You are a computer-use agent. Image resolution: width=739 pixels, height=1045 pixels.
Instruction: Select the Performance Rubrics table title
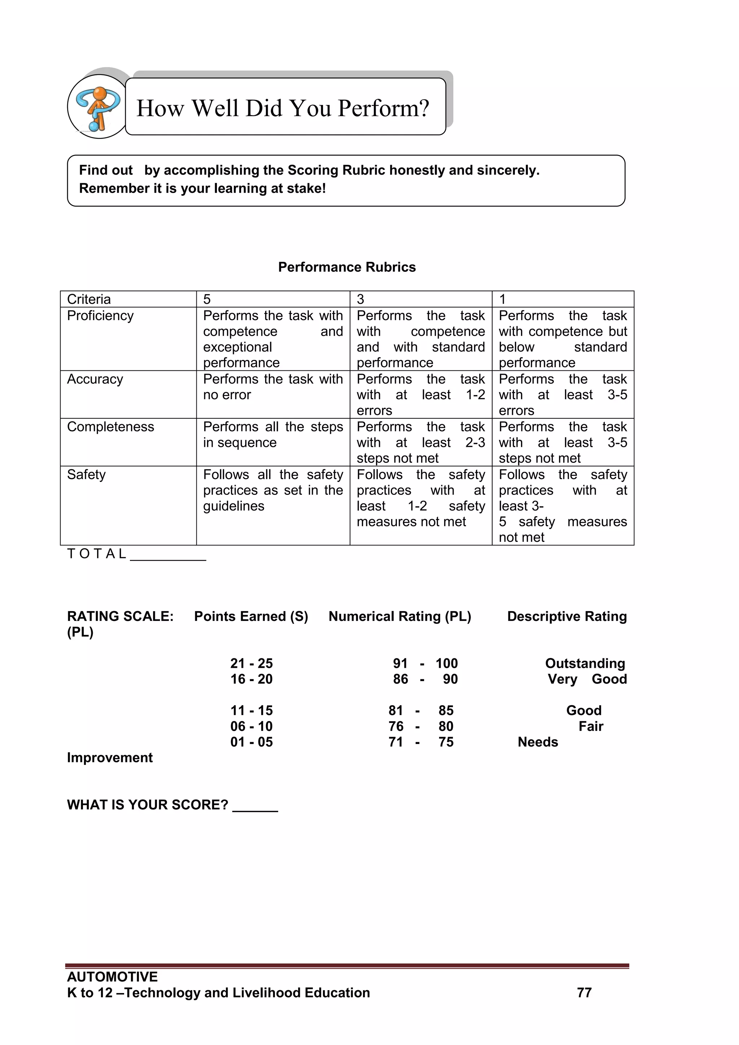pos(347,267)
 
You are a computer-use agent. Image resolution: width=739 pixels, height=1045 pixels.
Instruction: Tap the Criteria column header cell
pos(89,299)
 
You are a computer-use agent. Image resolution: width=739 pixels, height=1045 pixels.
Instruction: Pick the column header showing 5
pos(207,299)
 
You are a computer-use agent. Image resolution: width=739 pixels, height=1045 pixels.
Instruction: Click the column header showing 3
pos(360,299)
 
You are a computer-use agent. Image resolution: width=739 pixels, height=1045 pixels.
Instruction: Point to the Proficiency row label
pos(100,315)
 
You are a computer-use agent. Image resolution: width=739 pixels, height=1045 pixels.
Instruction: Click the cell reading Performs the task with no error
pos(272,387)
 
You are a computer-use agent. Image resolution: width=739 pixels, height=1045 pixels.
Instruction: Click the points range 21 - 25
pos(251,663)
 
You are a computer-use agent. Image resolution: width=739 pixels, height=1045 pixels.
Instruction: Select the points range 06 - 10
pos(251,726)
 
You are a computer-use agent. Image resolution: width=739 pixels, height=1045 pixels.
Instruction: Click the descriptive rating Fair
pos(591,726)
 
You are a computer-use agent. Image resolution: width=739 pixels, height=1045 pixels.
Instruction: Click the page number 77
pos(584,993)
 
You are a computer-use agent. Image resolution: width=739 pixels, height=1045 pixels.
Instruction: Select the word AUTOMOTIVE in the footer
pos(112,977)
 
